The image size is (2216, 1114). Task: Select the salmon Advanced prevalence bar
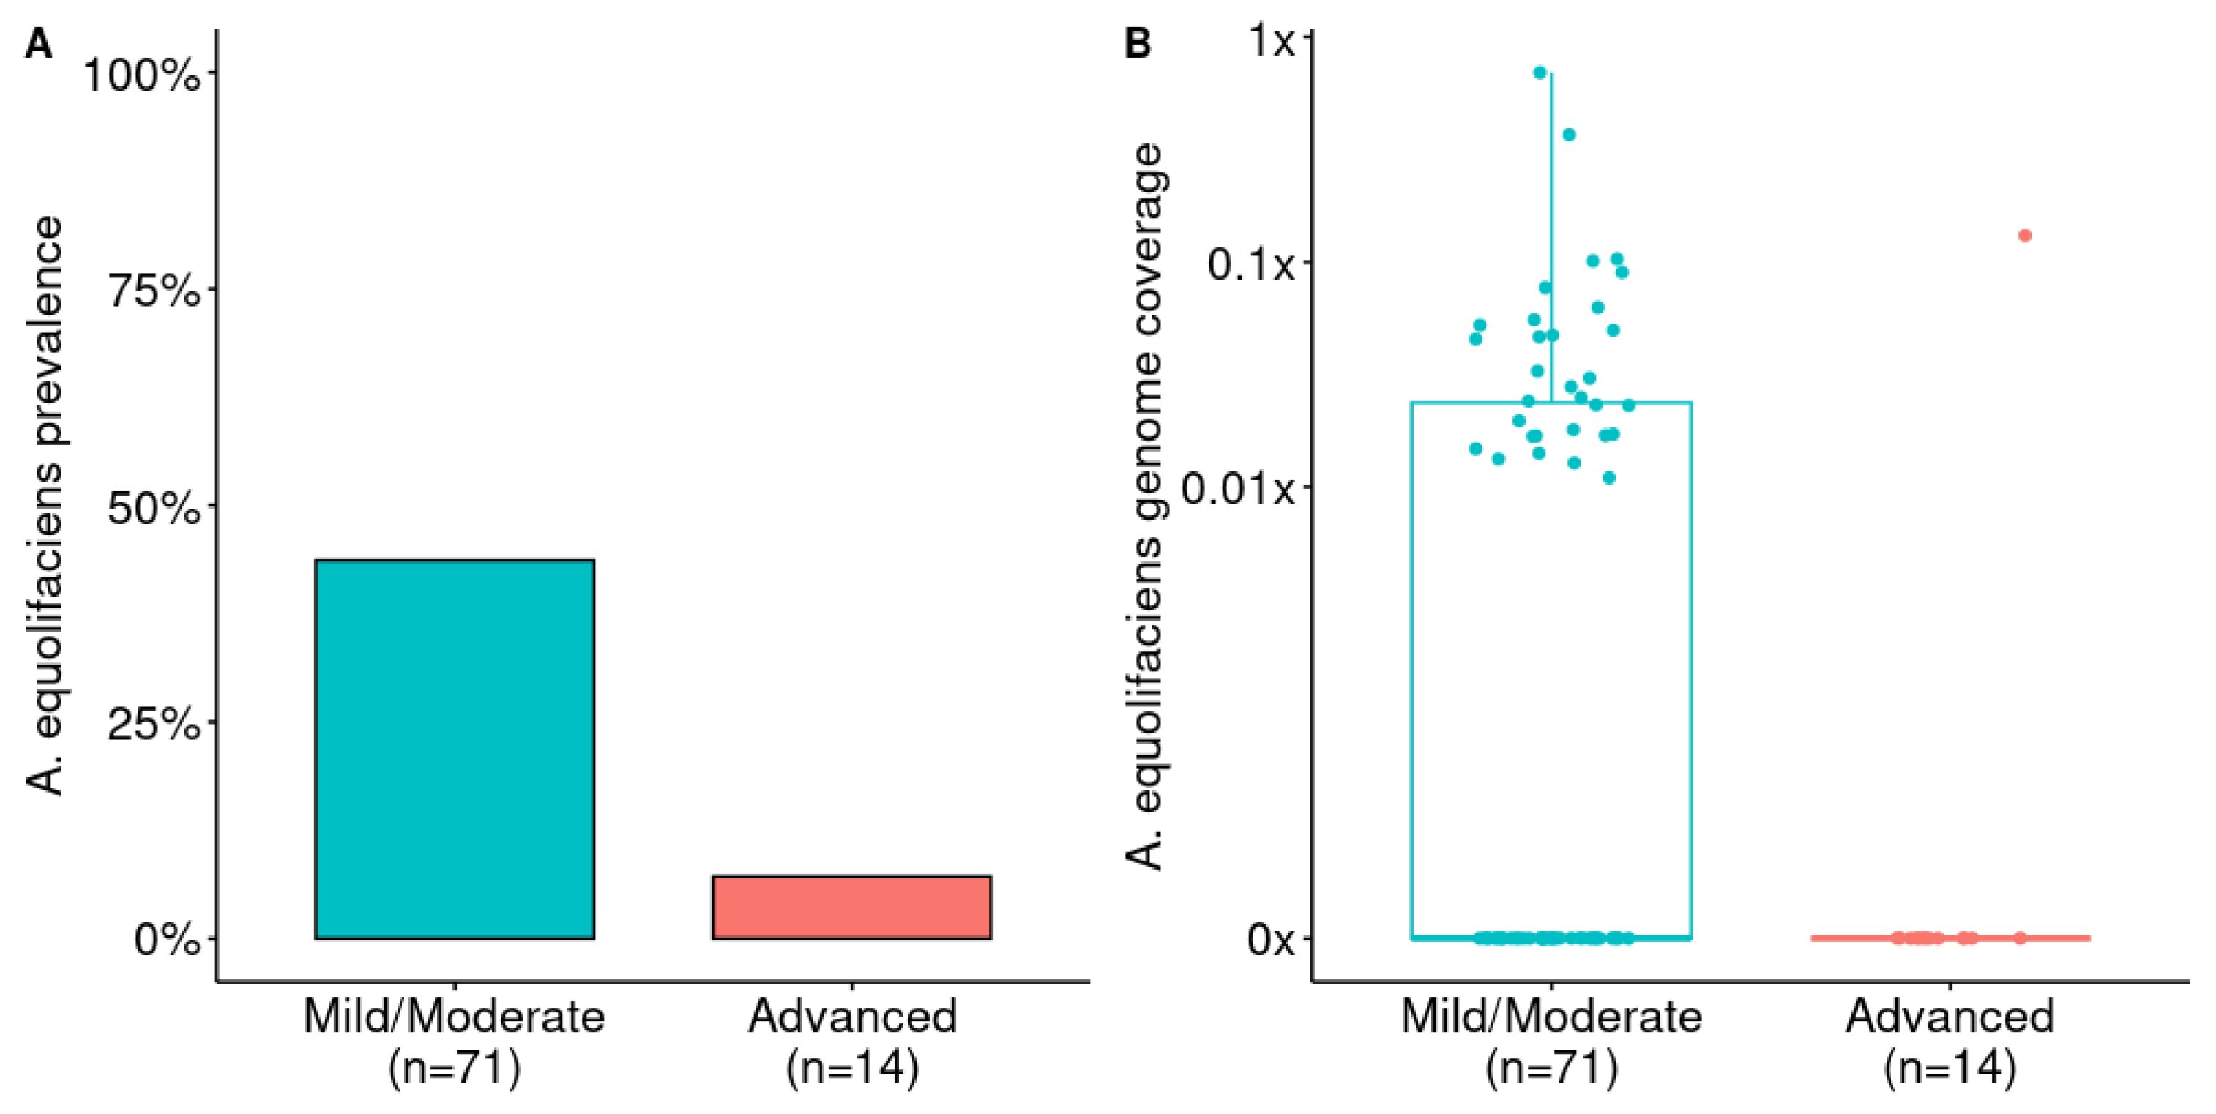click(x=851, y=907)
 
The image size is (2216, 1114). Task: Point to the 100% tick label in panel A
click(x=142, y=75)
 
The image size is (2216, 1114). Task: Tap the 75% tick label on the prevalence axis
click(x=154, y=291)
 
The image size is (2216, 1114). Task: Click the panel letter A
click(x=39, y=43)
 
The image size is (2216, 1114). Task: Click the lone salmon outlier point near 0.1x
click(x=2025, y=236)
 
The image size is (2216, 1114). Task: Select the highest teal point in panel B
click(x=1540, y=73)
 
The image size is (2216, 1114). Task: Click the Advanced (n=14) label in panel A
click(x=851, y=1041)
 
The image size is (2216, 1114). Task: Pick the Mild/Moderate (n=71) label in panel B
click(x=1551, y=1041)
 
